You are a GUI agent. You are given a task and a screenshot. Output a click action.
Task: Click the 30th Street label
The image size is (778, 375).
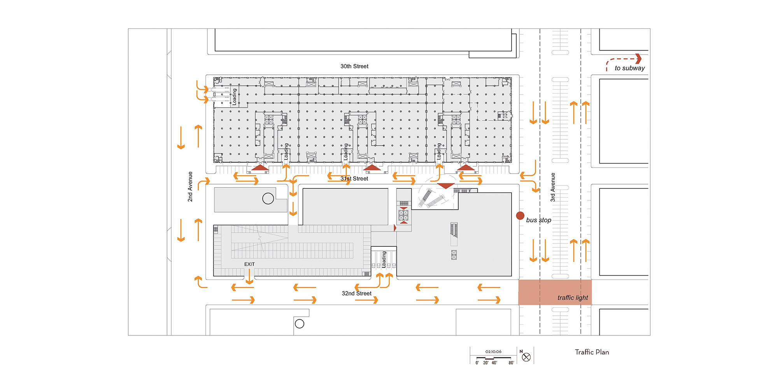pos(354,66)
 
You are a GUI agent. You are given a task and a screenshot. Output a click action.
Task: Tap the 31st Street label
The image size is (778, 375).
pos(354,178)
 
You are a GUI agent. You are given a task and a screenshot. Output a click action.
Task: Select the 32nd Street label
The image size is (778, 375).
pos(356,293)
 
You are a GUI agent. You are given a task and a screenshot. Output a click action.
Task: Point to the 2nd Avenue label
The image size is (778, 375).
pos(190,187)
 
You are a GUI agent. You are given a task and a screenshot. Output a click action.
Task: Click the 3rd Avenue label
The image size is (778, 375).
pos(552,187)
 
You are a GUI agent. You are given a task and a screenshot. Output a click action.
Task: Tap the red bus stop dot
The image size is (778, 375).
pos(520,215)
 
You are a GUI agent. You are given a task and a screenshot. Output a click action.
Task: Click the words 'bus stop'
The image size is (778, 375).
pos(538,220)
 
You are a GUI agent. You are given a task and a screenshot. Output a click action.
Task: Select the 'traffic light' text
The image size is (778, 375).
pos(573,298)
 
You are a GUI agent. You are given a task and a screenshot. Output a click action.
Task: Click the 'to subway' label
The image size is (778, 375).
pos(629,68)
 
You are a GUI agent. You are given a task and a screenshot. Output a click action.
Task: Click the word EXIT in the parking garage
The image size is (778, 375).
pos(249,264)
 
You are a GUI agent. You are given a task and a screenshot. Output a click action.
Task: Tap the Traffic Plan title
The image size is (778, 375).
pos(592,352)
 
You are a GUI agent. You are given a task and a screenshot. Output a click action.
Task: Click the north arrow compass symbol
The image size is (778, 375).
pos(526,357)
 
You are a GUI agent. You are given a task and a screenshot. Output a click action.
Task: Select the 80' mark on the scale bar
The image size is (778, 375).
pos(511,363)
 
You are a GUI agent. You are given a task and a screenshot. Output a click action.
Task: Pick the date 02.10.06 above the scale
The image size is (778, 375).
pos(493,352)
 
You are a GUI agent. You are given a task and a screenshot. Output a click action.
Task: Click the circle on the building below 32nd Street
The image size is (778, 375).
pos(300,324)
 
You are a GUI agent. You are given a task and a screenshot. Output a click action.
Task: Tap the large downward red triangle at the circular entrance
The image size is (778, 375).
pos(446,186)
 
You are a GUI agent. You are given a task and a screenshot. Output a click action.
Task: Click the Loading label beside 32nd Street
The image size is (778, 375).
pos(384,259)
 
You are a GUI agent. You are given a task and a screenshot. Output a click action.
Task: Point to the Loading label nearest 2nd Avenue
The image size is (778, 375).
pos(234,97)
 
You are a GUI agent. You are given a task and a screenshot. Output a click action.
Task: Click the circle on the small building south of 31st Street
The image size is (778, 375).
pos(268,199)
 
